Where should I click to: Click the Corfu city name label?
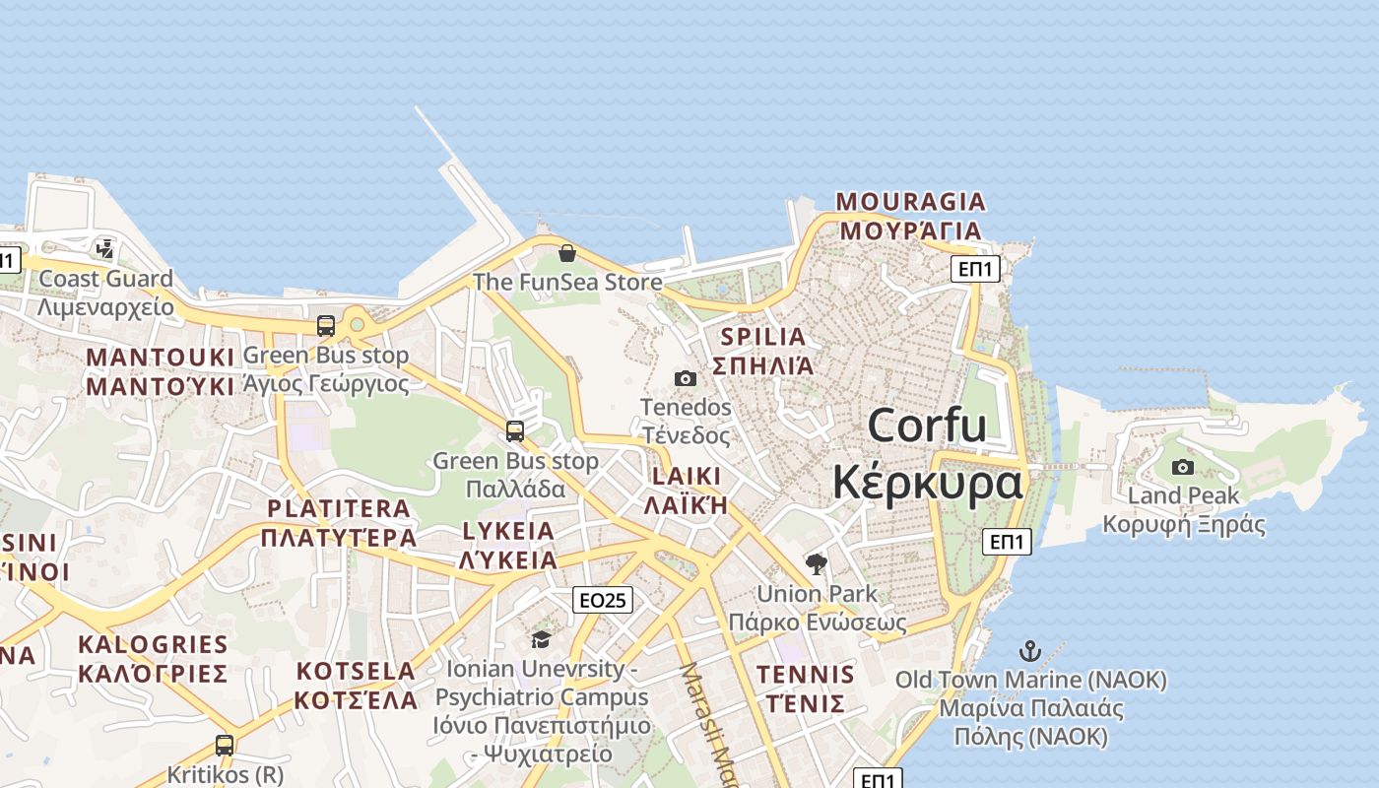[x=927, y=426]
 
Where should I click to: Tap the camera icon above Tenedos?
[x=686, y=378]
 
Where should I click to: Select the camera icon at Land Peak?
[x=1183, y=467]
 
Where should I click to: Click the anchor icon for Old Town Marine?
[x=1029, y=651]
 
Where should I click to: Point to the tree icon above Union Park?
[x=816, y=564]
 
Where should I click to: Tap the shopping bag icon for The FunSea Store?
[x=566, y=253]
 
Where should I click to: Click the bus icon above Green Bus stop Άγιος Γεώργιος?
[x=325, y=325]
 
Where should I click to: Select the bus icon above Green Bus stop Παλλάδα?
[x=514, y=430]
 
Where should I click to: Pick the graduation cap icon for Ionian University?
[x=540, y=640]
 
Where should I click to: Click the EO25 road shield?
[x=603, y=599]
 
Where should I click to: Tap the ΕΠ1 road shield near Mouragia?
[x=975, y=268]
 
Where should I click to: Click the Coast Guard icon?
[x=105, y=248]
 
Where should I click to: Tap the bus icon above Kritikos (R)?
[x=225, y=746]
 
